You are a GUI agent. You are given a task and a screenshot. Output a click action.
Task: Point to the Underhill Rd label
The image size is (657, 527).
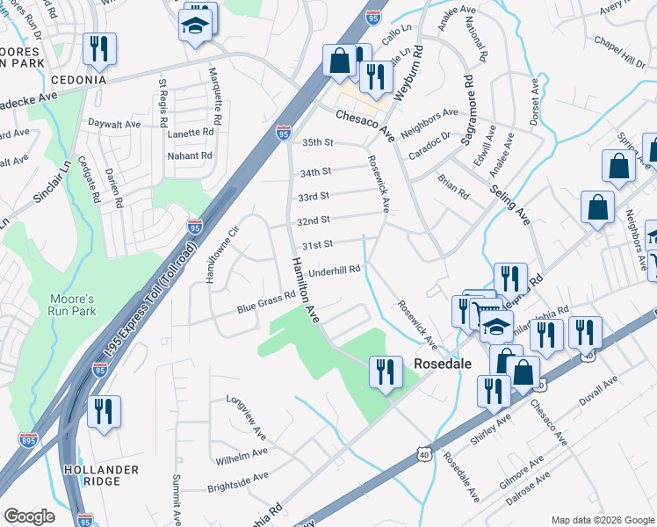336,271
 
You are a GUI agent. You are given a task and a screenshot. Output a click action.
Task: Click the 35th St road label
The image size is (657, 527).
318,142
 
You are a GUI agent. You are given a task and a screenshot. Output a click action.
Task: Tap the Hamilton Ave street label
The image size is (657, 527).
305,292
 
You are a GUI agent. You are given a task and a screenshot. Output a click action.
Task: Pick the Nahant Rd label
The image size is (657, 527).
191,155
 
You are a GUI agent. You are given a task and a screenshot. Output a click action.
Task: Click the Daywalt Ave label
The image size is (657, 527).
115,125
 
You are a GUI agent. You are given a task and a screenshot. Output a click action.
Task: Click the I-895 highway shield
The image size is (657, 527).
28,439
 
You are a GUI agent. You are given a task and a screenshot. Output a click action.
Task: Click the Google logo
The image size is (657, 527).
29,516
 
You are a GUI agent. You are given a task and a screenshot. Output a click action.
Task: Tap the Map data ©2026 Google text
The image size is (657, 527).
602,519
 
